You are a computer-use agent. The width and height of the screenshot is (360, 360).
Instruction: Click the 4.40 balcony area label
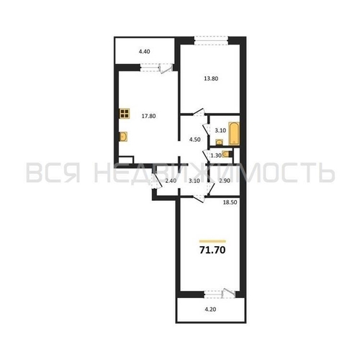(x=144, y=51)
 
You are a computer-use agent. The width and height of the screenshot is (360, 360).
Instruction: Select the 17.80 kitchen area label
(x=148, y=113)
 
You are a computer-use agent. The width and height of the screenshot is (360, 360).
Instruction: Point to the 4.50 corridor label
(x=194, y=140)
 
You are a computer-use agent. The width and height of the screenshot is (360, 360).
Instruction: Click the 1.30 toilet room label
(x=215, y=155)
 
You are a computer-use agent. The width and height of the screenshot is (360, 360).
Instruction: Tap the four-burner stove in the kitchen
(x=125, y=112)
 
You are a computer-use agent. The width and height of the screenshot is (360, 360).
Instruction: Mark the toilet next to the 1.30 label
(x=228, y=153)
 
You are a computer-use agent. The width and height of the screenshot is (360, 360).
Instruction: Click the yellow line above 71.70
(x=212, y=240)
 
